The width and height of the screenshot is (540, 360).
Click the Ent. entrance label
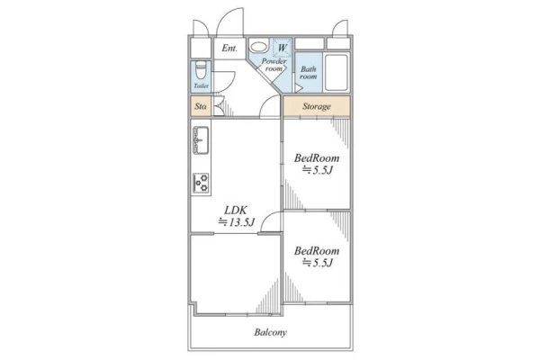(x=229, y=49)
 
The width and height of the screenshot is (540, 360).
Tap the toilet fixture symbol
(x=201, y=70)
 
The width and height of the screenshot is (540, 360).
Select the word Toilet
(x=201, y=86)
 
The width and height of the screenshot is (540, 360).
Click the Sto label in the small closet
(x=201, y=106)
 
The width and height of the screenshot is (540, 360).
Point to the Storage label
(x=317, y=106)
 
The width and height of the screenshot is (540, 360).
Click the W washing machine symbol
(x=282, y=48)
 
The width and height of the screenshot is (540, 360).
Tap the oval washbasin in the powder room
(x=258, y=47)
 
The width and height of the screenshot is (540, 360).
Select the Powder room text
(x=274, y=65)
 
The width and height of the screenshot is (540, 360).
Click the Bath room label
(x=308, y=73)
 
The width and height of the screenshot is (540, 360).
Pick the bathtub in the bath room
(x=336, y=72)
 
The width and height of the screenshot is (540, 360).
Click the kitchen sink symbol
(x=201, y=140)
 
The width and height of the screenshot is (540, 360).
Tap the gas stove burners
(x=201, y=183)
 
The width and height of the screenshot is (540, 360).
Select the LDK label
(x=236, y=210)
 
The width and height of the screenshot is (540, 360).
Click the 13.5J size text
(x=236, y=222)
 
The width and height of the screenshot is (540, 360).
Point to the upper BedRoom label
(x=317, y=158)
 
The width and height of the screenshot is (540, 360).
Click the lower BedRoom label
(x=317, y=251)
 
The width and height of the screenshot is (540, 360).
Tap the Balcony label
(x=270, y=332)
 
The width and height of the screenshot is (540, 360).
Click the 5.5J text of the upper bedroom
(x=317, y=170)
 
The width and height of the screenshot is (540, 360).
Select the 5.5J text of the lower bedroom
(x=317, y=263)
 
